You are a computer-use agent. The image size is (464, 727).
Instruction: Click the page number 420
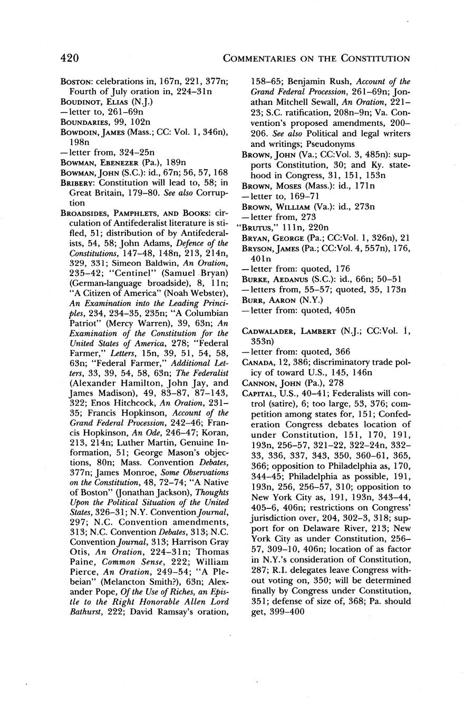coord(70,57)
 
